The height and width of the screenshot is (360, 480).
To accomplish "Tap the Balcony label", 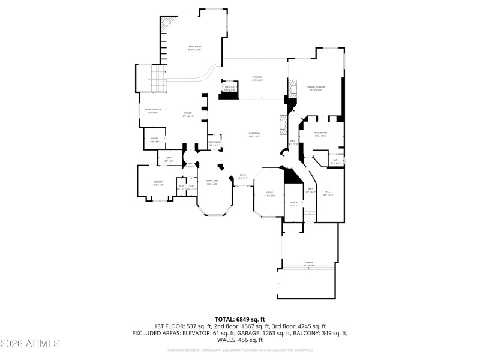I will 257,78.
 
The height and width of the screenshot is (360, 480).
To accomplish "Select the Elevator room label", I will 229,88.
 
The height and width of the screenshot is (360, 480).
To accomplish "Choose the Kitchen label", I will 187,114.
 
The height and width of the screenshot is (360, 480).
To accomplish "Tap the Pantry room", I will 154,140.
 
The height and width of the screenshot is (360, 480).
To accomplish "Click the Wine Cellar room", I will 214,143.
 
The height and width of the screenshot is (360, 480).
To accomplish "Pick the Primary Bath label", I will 320,134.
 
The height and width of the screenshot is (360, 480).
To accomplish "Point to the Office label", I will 270,194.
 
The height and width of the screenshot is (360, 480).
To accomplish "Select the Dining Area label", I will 212,182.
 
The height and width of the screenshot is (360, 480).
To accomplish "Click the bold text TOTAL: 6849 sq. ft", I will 239,319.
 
